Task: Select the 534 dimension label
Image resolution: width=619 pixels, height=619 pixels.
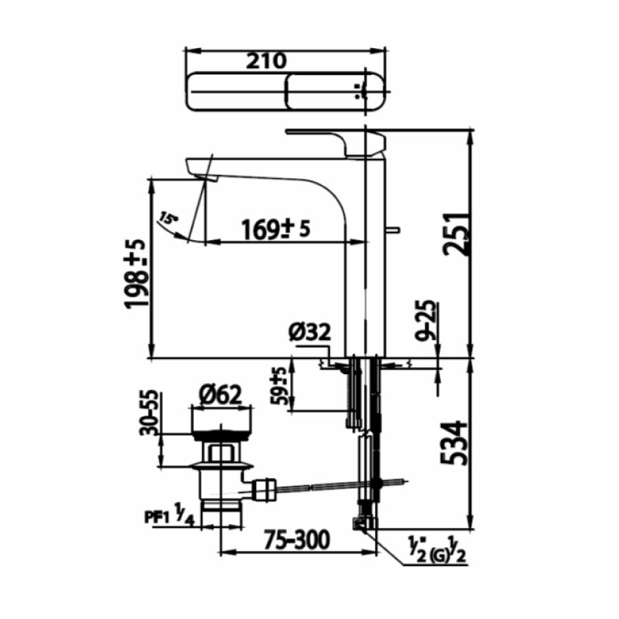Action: pyautogui.click(x=457, y=444)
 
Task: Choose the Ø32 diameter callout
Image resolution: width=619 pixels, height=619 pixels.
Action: pyautogui.click(x=309, y=332)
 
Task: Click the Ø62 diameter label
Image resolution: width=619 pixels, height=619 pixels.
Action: pyautogui.click(x=221, y=395)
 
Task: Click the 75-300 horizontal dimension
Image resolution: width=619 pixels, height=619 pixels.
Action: pyautogui.click(x=296, y=539)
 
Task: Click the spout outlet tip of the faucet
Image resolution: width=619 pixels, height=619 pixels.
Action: pyautogui.click(x=205, y=178)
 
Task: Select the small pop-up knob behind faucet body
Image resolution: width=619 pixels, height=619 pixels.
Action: pyautogui.click(x=394, y=230)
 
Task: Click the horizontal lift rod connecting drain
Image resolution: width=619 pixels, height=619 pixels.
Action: pyautogui.click(x=323, y=488)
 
